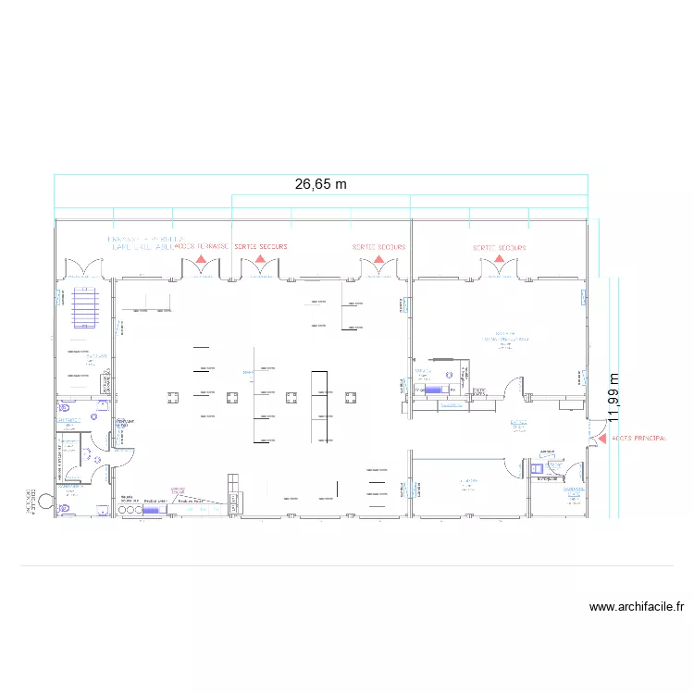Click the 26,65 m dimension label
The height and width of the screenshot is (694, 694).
pos(320,184)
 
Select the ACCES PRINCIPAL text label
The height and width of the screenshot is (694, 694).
pos(639,438)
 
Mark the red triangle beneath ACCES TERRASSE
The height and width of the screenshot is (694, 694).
pos(201,261)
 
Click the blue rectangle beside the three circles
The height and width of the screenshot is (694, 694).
pos(152,508)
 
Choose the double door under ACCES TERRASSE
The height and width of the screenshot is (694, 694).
pos(200,270)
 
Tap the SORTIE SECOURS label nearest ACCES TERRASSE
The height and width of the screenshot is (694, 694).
pos(261,247)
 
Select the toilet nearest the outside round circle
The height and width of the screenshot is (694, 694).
pos(63,507)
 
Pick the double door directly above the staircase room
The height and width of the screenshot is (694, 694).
pos(83,269)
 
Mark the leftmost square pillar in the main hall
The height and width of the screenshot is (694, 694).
pos(172,397)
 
